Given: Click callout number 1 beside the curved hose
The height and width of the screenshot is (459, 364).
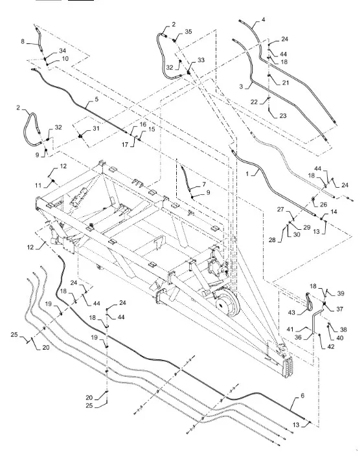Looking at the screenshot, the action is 247,174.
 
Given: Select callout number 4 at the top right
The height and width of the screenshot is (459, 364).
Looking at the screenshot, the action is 263,19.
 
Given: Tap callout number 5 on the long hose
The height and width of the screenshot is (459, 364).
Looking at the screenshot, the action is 97,99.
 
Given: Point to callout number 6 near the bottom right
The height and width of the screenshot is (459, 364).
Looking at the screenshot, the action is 302,396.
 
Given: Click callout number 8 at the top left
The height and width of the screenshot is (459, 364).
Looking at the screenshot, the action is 23,41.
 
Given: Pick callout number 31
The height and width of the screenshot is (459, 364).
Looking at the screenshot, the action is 96,128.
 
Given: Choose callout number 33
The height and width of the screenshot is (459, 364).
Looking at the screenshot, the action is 201,60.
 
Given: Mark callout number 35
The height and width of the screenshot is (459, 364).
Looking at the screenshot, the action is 188,31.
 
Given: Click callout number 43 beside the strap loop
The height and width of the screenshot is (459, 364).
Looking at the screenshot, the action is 291,313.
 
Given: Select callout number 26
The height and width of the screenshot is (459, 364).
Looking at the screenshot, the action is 323,205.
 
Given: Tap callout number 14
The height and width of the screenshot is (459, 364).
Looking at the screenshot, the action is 334,212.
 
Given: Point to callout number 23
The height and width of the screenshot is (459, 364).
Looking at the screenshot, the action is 282,116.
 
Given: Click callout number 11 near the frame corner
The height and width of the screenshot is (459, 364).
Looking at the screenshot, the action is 38,185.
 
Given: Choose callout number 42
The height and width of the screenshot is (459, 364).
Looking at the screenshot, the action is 330,346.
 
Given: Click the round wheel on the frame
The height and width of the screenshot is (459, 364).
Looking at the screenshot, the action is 228,306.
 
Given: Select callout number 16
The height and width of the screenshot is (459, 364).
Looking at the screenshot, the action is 142,124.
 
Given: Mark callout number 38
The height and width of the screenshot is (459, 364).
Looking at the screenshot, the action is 343,330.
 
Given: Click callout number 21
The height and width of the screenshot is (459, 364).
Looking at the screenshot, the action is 285,83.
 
